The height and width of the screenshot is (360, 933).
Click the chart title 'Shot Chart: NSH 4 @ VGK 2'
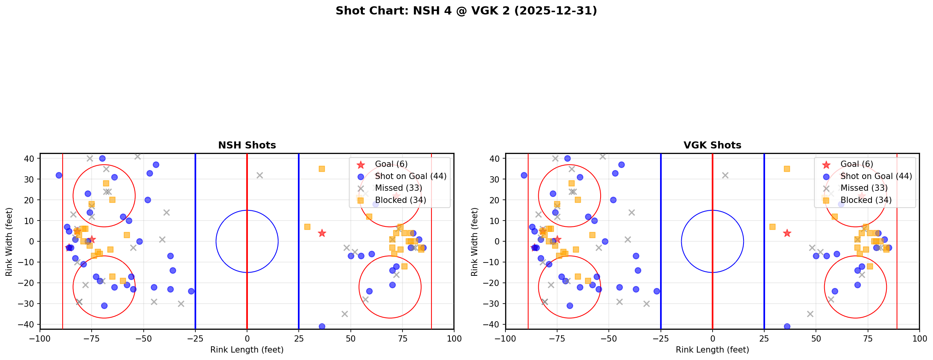click(466, 11)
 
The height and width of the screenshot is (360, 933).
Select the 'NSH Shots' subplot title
click(247, 145)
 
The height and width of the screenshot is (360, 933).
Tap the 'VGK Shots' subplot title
click(712, 145)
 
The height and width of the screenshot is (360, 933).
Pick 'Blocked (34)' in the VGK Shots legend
click(866, 200)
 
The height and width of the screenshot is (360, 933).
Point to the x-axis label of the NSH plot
click(247, 350)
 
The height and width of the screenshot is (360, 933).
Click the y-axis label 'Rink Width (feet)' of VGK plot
click(475, 242)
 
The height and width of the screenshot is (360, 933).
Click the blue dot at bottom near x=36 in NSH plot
click(322, 326)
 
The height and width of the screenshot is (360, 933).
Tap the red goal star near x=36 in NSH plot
click(322, 233)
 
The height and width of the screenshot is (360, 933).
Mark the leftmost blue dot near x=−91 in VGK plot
click(524, 175)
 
